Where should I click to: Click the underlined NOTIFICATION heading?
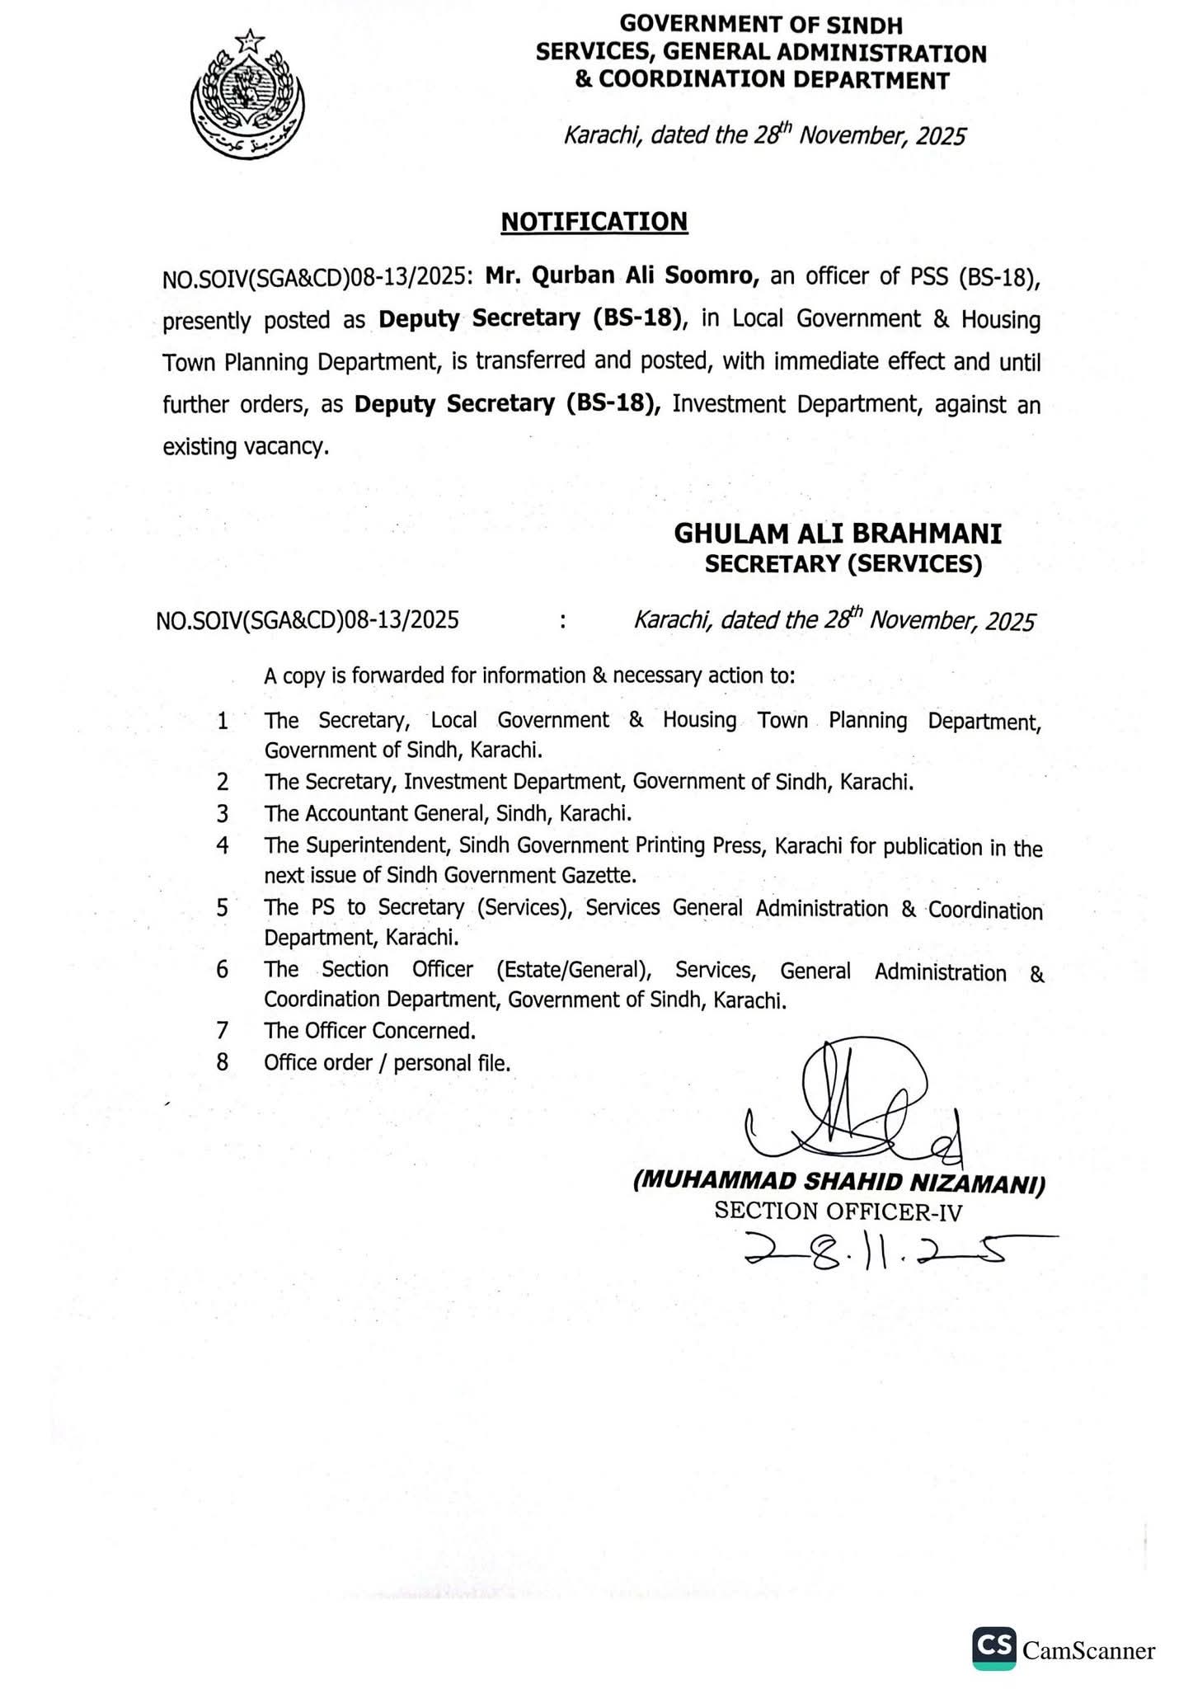[594, 221]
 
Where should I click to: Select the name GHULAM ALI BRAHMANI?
[838, 534]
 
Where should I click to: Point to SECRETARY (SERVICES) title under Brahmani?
[843, 565]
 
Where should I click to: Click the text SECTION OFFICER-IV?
[838, 1211]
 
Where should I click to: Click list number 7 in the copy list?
[223, 1031]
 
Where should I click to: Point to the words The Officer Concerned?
[370, 1031]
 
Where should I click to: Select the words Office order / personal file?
[387, 1063]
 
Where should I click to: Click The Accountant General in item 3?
[378, 814]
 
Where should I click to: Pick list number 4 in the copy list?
[223, 845]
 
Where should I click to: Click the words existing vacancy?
[246, 447]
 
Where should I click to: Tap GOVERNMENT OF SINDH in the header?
[761, 25]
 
